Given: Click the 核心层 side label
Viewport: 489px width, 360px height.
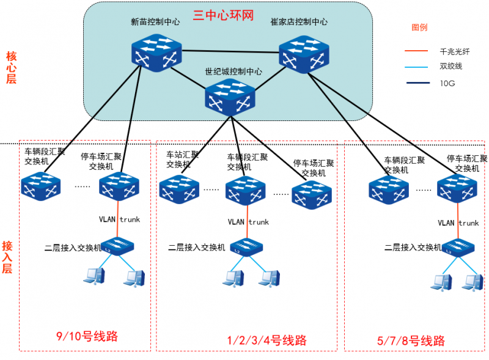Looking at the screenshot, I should [x=11, y=67].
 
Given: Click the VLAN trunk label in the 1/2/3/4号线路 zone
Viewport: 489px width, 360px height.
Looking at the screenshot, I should [x=248, y=222].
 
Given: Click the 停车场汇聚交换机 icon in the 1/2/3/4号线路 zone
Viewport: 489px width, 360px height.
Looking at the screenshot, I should [x=312, y=193].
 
